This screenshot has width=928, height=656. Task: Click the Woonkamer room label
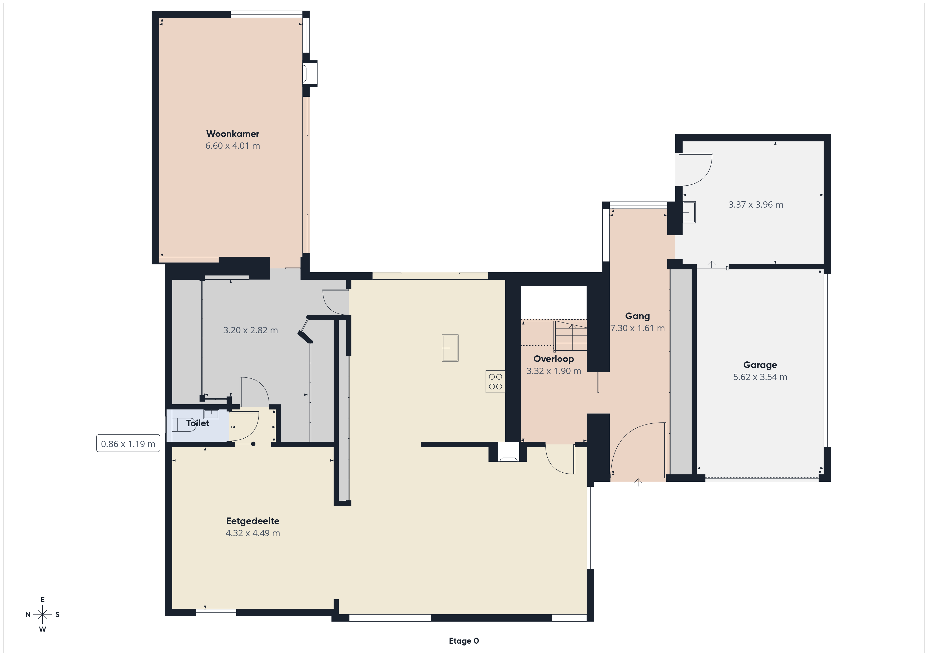[x=233, y=134]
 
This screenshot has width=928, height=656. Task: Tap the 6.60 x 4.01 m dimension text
[x=233, y=146]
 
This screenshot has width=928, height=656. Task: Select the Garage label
[x=760, y=365]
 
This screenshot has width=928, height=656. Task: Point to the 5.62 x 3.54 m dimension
[x=760, y=377]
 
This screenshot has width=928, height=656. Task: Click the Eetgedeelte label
[x=253, y=521]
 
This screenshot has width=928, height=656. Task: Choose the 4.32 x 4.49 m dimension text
[x=253, y=533]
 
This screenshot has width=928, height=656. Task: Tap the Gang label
[x=637, y=316]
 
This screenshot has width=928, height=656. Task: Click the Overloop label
[x=554, y=359]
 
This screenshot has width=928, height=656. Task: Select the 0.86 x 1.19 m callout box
[x=128, y=444]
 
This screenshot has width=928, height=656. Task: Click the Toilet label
[x=198, y=423]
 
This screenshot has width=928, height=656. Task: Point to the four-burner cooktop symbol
[x=495, y=382]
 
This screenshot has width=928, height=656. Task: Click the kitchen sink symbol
[x=450, y=348]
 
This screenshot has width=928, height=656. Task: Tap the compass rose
[x=42, y=614]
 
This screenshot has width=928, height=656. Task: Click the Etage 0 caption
[x=464, y=641]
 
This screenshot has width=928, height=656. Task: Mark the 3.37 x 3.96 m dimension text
[x=756, y=205]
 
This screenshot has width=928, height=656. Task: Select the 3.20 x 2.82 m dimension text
[x=251, y=330]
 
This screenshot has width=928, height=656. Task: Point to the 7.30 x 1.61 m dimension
[x=637, y=329]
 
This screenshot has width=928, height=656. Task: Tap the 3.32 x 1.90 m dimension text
[x=554, y=371]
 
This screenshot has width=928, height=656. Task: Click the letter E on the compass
[x=42, y=600]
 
